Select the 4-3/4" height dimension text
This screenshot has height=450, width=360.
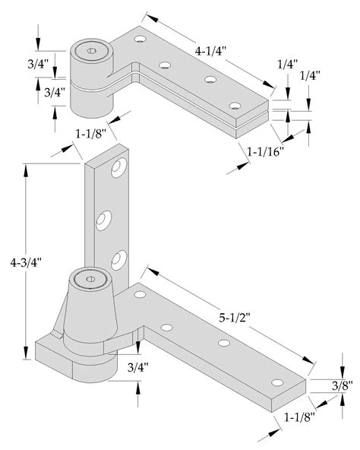(x=25, y=262)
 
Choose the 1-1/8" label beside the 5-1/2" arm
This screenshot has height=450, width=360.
(x=300, y=417)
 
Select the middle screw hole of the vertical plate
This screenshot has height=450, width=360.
(x=103, y=220)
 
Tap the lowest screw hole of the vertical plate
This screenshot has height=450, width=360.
(x=117, y=259)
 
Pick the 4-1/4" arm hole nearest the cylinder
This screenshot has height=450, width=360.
(x=140, y=37)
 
